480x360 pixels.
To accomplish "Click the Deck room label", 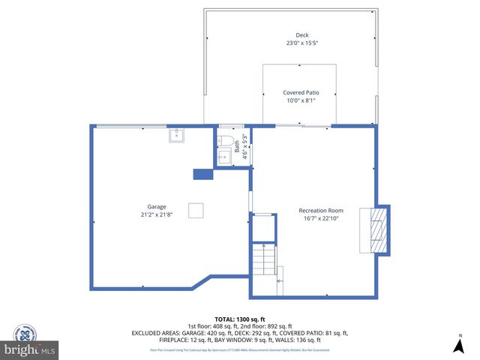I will (x=301, y=35).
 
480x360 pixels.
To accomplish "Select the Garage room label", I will (x=156, y=207).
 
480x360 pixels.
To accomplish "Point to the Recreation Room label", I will (x=320, y=211).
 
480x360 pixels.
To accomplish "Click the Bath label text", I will (x=237, y=148).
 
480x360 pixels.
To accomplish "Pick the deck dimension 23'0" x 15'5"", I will (x=301, y=43).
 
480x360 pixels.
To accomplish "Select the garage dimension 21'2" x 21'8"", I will (x=156, y=215).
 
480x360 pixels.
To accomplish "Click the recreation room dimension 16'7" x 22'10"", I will (x=320, y=219).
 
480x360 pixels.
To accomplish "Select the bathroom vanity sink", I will (x=223, y=156).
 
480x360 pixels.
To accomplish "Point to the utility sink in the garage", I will (x=178, y=136).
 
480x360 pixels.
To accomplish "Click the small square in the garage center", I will (x=195, y=210).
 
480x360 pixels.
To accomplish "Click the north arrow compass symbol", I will (x=459, y=344).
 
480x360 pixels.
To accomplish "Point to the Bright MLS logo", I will (x=30, y=349).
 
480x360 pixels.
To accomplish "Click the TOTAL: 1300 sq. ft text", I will (x=239, y=319).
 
